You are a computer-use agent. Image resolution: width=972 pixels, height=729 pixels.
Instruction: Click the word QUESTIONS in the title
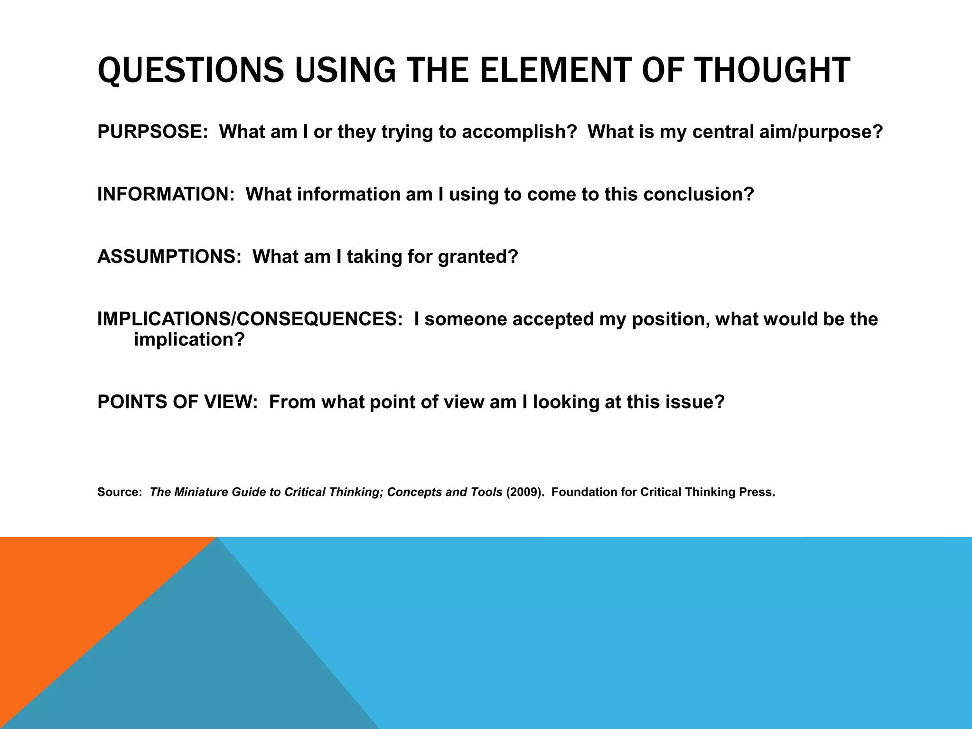pos(191,70)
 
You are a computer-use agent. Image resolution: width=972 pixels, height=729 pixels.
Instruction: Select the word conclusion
pos(698,195)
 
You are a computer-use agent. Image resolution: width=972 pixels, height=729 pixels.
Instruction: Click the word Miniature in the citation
pos(201,492)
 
